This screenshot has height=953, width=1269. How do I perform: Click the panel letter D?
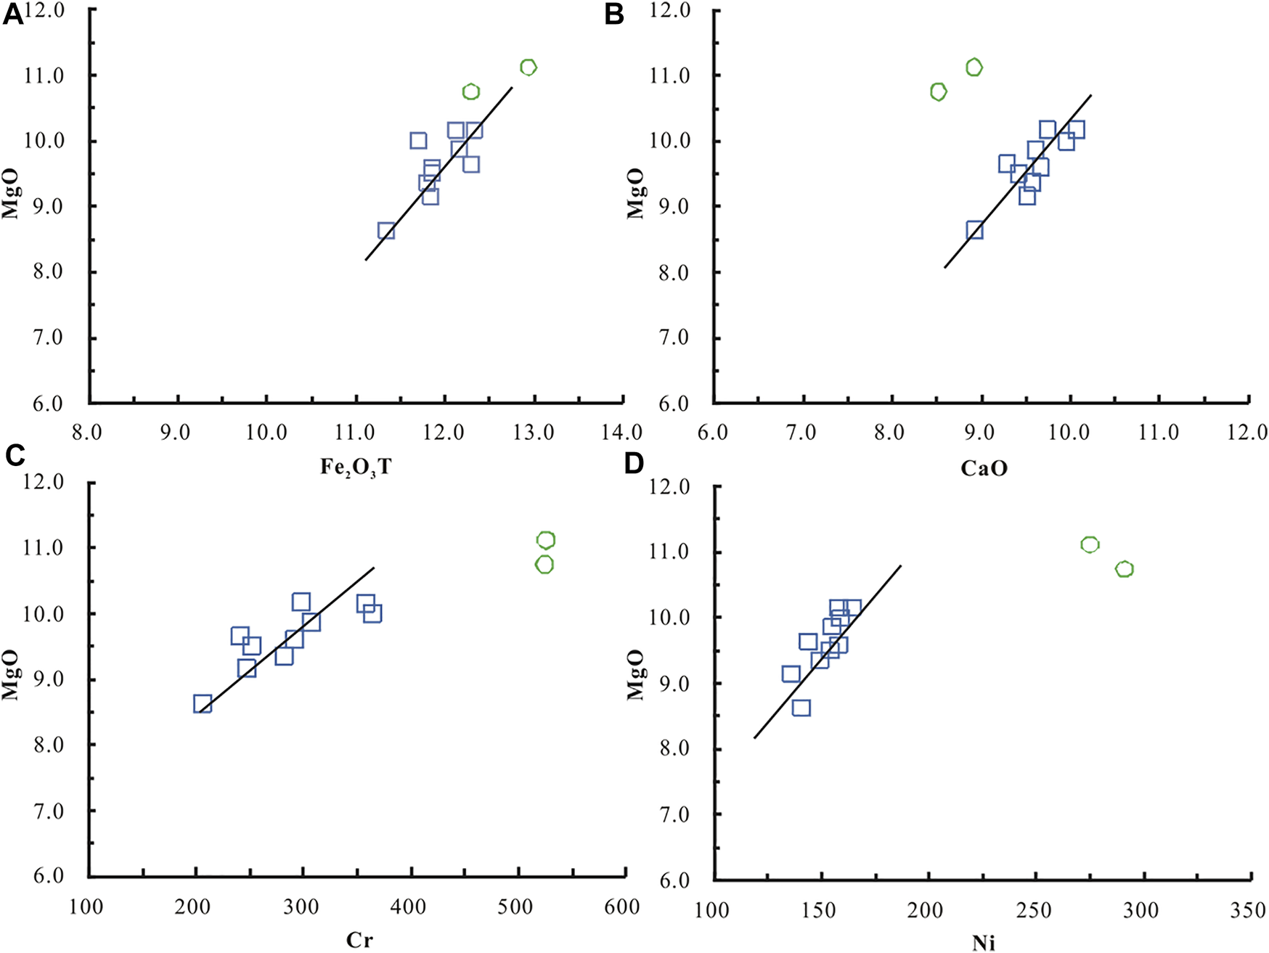[633, 463]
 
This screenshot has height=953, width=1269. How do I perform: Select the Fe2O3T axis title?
[356, 467]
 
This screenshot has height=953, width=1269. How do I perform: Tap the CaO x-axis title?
[984, 468]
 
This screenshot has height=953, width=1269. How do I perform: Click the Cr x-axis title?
[359, 941]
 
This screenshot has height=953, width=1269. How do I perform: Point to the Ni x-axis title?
[984, 943]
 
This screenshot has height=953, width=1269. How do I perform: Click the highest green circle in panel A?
[529, 68]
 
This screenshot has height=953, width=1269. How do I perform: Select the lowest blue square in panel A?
[386, 231]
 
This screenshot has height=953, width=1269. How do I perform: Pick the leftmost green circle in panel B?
[938, 92]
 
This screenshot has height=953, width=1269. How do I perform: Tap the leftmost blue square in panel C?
[203, 704]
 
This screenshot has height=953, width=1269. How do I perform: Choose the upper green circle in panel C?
[546, 540]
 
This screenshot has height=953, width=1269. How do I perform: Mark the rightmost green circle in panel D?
[1125, 569]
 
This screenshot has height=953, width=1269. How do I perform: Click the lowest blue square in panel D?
[801, 708]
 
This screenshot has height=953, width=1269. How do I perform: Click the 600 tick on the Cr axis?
[621, 907]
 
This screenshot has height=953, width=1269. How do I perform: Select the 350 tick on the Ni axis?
[1249, 910]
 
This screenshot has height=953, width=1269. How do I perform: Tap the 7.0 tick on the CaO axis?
[801, 433]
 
